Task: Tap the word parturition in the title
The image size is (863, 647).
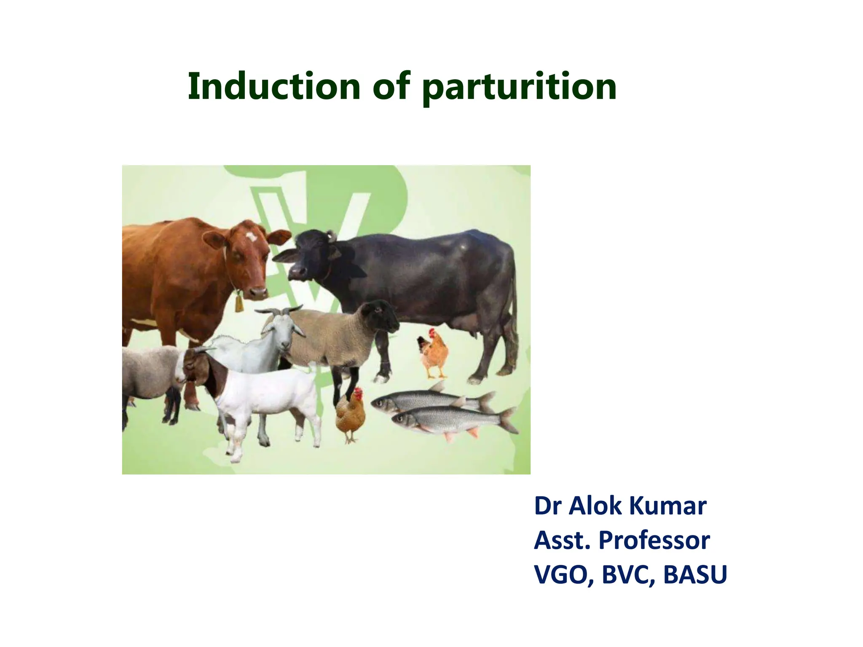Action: click(x=519, y=88)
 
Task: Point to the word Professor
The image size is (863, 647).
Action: click(x=654, y=540)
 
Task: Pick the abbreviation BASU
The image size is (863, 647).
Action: click(x=695, y=575)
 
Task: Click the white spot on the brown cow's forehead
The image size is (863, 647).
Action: click(x=252, y=237)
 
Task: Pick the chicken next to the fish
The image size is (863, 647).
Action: click(x=350, y=415)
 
